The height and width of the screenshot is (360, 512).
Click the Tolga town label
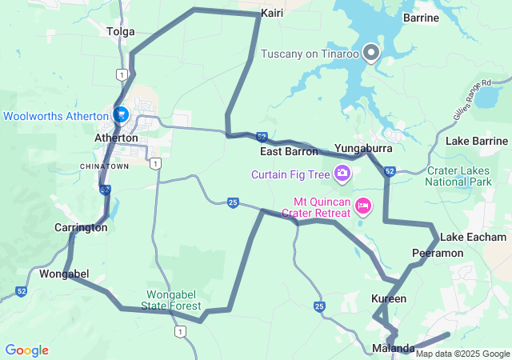click(x=120, y=32)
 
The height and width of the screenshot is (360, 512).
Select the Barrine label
click(x=421, y=17)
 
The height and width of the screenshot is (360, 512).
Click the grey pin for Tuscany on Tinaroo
click(x=371, y=53)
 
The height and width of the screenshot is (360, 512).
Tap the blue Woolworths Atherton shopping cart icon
click(x=120, y=115)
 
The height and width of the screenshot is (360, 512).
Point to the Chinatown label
click(x=105, y=166)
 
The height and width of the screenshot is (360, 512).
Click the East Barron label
click(x=289, y=151)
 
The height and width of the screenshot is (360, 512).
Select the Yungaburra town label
click(x=363, y=149)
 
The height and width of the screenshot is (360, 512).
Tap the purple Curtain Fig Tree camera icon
click(x=342, y=173)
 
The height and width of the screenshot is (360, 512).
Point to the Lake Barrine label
click(x=477, y=141)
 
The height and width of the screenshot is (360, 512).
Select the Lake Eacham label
click(x=474, y=238)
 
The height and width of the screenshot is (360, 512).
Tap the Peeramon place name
click(x=438, y=253)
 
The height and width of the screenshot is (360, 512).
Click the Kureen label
click(x=389, y=298)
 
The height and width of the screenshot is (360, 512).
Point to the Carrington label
click(x=81, y=227)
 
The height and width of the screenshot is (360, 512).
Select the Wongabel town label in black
click(x=64, y=274)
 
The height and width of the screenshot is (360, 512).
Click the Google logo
click(x=27, y=350)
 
